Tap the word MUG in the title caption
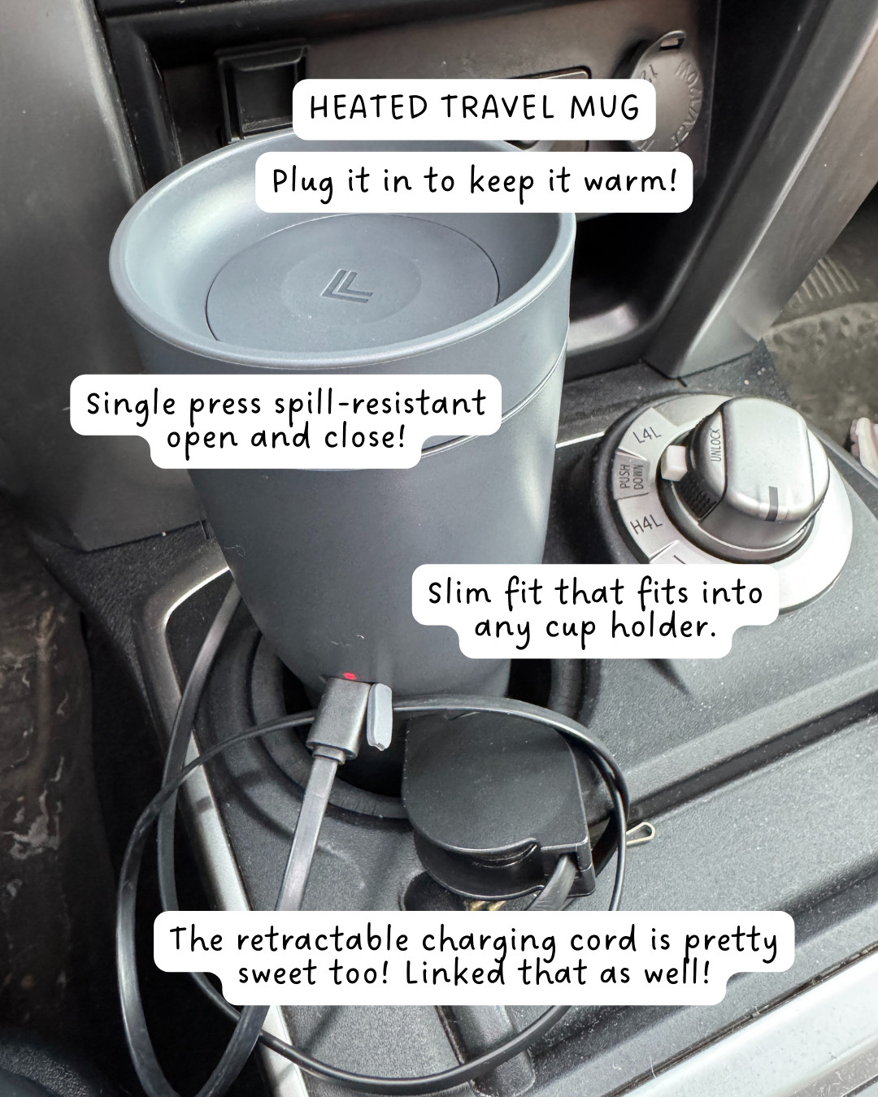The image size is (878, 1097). pyautogui.click(x=605, y=107)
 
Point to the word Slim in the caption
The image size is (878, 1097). pyautogui.click(x=459, y=592)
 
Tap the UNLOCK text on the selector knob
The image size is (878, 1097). pyautogui.click(x=715, y=444)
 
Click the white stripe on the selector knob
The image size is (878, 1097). pyautogui.click(x=771, y=503)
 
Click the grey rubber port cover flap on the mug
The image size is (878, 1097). pyautogui.click(x=376, y=715)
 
